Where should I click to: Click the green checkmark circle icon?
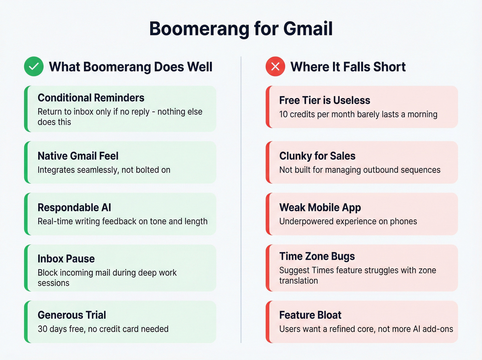coord(34,66)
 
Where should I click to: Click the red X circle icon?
coord(275,66)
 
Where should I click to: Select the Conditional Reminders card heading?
coord(91,98)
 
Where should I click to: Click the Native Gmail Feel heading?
coord(78,156)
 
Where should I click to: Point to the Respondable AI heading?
coord(74,208)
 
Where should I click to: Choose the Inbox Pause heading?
coord(66,259)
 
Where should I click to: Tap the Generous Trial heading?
coord(72,315)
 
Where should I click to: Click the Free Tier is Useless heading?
coord(325,101)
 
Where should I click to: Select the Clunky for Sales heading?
coord(317,156)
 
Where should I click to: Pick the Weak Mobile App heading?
coord(320,208)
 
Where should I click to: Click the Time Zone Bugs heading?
coord(317,256)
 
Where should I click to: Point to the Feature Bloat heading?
coord(310,315)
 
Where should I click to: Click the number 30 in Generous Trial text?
coord(42,329)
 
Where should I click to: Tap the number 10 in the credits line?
coord(283,114)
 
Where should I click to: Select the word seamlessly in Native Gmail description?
coord(98,170)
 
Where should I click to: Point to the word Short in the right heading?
coord(389,67)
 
